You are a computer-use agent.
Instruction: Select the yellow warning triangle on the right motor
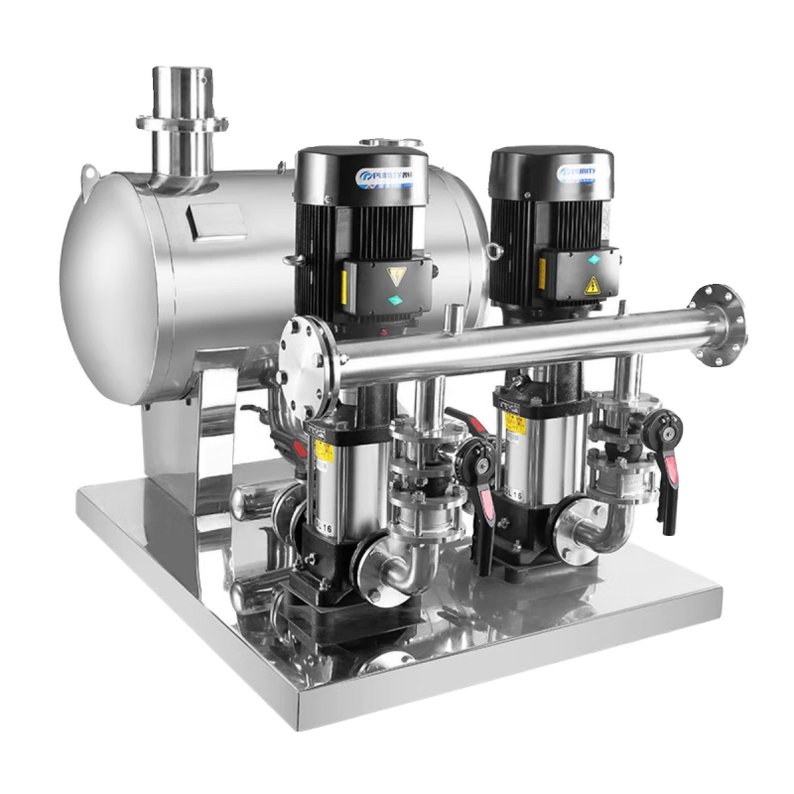(x=593, y=285)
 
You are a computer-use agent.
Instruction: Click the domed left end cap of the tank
(x=104, y=288)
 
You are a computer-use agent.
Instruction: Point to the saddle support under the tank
(x=189, y=437)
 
